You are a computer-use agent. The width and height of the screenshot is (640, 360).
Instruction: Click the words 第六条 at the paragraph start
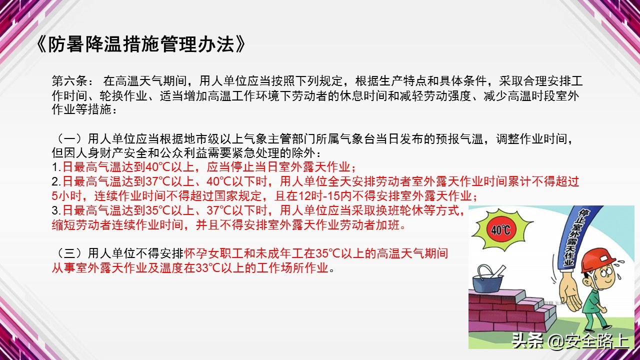tap(69, 80)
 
